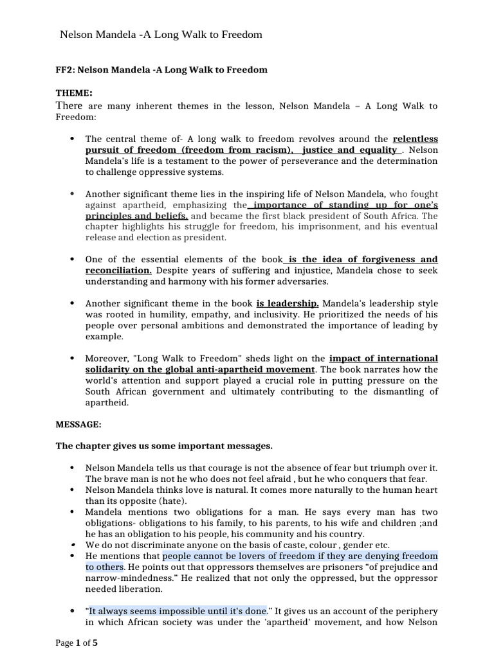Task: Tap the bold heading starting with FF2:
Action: click(x=161, y=69)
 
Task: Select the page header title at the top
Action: click(x=161, y=35)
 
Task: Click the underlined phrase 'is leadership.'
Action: click(x=288, y=303)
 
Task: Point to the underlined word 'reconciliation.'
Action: click(x=118, y=271)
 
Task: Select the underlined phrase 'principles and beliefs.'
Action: click(x=136, y=216)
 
